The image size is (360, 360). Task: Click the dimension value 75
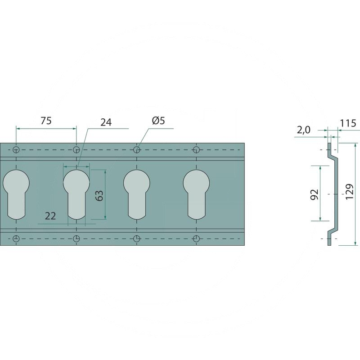[x=46, y=121]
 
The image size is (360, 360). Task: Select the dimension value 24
[x=106, y=122]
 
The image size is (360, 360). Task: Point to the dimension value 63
[x=99, y=195]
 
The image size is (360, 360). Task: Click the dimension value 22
[x=50, y=216]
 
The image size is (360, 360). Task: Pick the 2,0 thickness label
[x=304, y=130]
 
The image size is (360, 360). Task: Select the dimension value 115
[x=348, y=123]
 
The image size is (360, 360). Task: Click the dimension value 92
[x=315, y=194]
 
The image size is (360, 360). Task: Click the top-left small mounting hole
[x=16, y=149]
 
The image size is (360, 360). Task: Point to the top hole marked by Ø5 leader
[x=137, y=149]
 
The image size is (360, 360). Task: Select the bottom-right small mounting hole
[x=197, y=238]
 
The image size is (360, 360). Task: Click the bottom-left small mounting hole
[x=16, y=238]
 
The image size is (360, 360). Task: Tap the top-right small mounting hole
[x=197, y=149]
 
